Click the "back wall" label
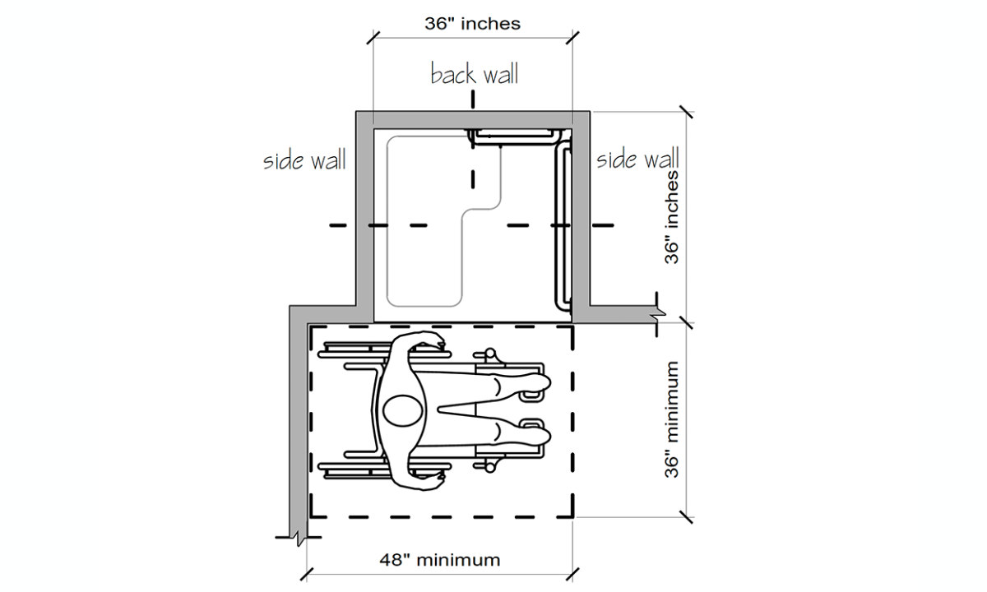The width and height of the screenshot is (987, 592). [x=475, y=75]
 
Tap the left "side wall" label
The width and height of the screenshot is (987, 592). [x=304, y=160]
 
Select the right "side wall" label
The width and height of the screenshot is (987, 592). [x=637, y=158]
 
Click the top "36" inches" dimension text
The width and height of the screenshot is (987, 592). [x=472, y=24]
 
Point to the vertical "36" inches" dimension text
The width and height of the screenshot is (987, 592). [x=672, y=217]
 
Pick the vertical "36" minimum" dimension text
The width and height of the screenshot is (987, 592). [x=672, y=419]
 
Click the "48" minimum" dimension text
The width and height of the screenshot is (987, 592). [x=439, y=561]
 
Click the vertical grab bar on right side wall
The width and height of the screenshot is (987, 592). [x=563, y=226]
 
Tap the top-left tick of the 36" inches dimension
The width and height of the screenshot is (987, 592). [x=373, y=37]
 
